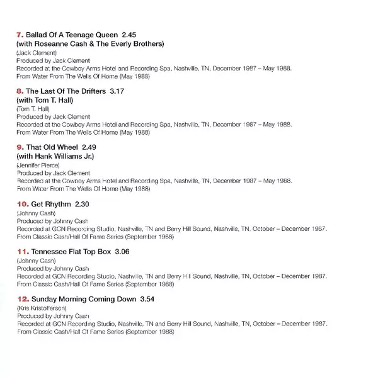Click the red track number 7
[19, 35]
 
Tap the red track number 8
[19, 92]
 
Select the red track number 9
[19, 148]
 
